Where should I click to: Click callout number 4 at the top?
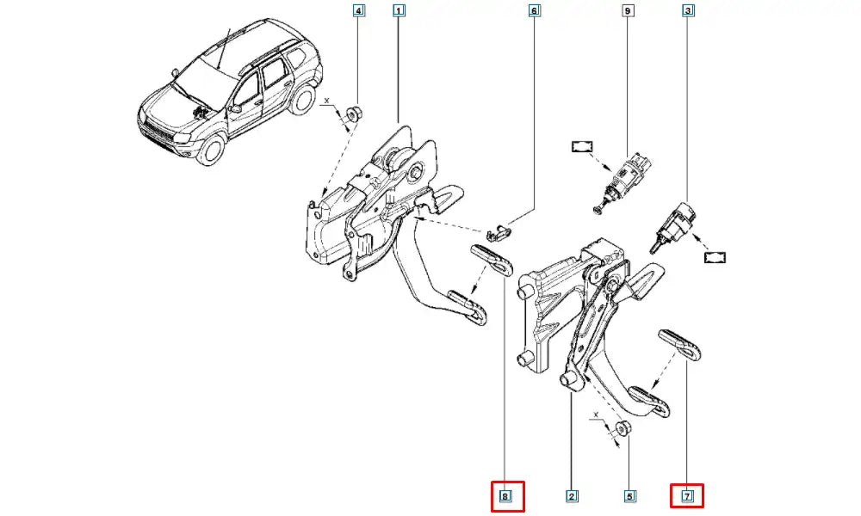click(x=359, y=11)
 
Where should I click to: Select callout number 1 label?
click(x=398, y=11)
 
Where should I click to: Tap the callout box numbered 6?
click(x=534, y=11)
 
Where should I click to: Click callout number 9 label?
click(x=628, y=11)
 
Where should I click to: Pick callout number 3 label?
click(x=688, y=11)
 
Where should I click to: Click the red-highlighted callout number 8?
click(x=506, y=497)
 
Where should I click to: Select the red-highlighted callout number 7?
click(x=687, y=496)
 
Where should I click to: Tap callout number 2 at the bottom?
click(x=572, y=496)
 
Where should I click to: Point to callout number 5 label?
click(x=629, y=496)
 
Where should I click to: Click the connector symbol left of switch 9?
click(x=583, y=149)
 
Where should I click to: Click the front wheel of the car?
click(x=209, y=149)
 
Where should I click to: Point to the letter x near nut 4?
click(x=327, y=101)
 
